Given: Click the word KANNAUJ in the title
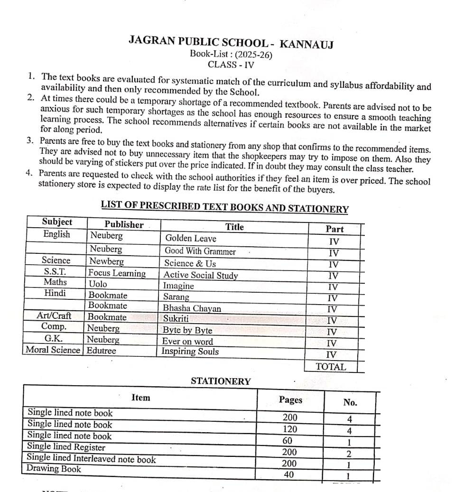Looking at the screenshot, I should (x=307, y=45).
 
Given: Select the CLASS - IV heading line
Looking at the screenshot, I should (x=231, y=65).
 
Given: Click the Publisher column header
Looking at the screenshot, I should (x=124, y=224).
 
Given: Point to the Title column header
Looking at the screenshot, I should (x=234, y=227).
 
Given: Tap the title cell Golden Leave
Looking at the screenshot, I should (x=190, y=238).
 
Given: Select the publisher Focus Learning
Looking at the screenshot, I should (x=117, y=273).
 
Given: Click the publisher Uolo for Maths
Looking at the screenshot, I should (x=98, y=284).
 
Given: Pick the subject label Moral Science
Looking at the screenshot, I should (x=53, y=350).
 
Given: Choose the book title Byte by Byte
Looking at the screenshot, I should (x=187, y=330).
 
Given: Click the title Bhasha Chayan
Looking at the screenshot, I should (x=192, y=308).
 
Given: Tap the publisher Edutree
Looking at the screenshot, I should (x=102, y=351).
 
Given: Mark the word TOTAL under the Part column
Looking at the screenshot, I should (x=331, y=366).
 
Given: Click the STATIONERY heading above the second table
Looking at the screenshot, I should (x=221, y=381).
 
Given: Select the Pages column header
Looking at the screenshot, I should (x=290, y=399).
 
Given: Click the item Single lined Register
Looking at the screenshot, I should (x=66, y=447).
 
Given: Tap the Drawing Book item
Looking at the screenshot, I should (x=54, y=469).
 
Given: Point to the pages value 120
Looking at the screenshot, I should (x=289, y=429).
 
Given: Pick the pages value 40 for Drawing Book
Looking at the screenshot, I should (x=289, y=474).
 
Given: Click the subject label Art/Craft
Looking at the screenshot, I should (x=54, y=316).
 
